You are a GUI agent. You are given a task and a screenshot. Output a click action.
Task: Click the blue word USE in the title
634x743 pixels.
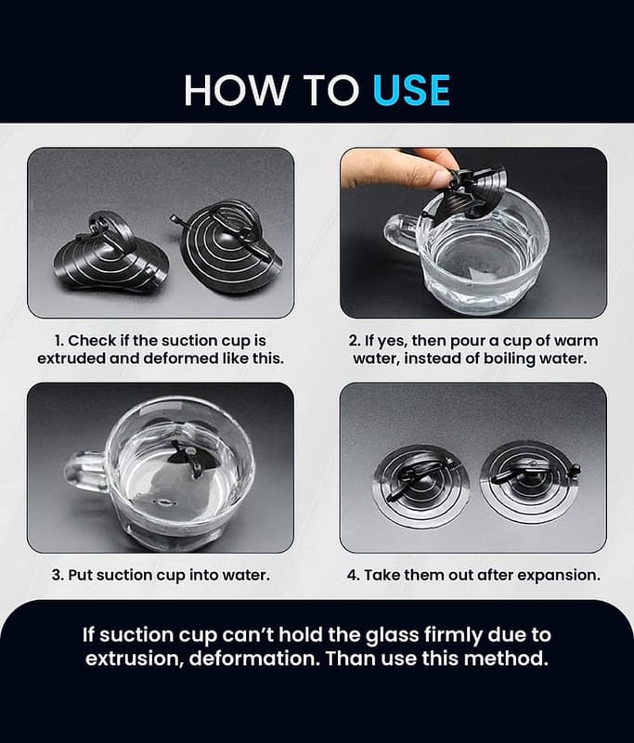[x=411, y=89]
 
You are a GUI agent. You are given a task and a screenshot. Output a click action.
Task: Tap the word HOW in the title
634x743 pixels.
[x=236, y=89]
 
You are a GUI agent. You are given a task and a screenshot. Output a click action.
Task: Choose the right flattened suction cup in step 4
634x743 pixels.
[x=529, y=481]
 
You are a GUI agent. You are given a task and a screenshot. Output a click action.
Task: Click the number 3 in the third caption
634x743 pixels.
[x=57, y=575]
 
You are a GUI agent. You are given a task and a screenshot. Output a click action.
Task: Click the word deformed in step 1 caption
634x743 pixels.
[x=181, y=358]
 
